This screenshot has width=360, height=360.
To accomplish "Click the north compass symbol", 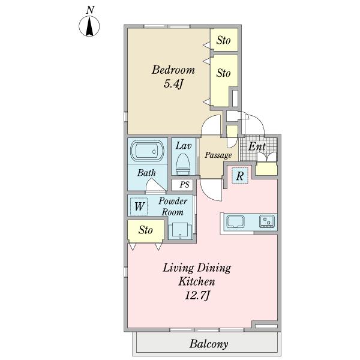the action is coord(89,26).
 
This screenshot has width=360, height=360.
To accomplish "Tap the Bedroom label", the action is coord(173,70).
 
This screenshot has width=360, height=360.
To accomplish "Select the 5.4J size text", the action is coord(173,84).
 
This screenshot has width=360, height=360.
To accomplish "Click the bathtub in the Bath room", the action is coord(148,151).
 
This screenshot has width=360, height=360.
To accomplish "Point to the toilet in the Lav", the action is coord(183,164).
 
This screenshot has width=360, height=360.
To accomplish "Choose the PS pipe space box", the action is coord(182,185).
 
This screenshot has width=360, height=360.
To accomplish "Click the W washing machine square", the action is coord(139,206).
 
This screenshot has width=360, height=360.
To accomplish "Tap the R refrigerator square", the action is coord(240,176).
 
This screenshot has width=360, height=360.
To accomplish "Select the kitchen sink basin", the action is coord(235,221).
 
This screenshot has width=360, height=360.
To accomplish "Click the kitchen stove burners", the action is coord(267,221).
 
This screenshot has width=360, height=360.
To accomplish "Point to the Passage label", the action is coord(218,155).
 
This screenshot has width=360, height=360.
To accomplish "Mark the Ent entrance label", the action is coord(257,146).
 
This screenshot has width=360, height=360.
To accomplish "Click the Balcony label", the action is coord(209,344).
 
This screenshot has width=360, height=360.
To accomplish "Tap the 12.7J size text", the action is coord(197,295).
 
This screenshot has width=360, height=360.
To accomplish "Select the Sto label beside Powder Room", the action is coord(146,230).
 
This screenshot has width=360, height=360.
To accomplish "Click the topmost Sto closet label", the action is coord(223,40).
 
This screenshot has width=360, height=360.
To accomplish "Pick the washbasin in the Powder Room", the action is coord(181,232).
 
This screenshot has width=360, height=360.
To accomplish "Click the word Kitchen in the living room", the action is coord(197,281).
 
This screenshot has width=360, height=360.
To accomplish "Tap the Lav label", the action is coord(184,146).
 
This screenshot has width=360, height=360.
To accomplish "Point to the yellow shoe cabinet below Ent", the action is coord(266,169).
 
